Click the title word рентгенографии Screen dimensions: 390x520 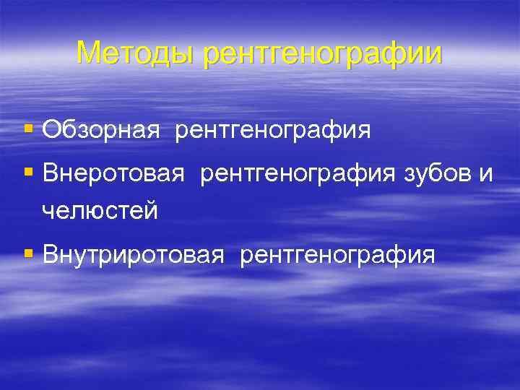[x=322, y=53]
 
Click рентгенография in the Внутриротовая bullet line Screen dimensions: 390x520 [x=337, y=254]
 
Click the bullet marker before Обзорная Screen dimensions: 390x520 [x=29, y=131]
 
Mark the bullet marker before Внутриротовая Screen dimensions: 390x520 [x=29, y=254]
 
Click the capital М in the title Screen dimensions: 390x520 [x=87, y=53]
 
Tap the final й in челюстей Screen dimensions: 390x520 [x=151, y=211]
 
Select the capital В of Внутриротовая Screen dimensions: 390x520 [x=50, y=254]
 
